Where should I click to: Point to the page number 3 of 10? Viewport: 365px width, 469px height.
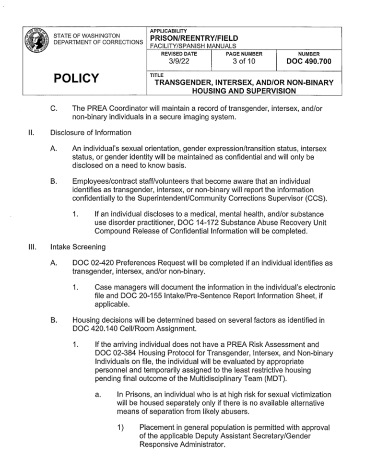pyautogui.click(x=244, y=62)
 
